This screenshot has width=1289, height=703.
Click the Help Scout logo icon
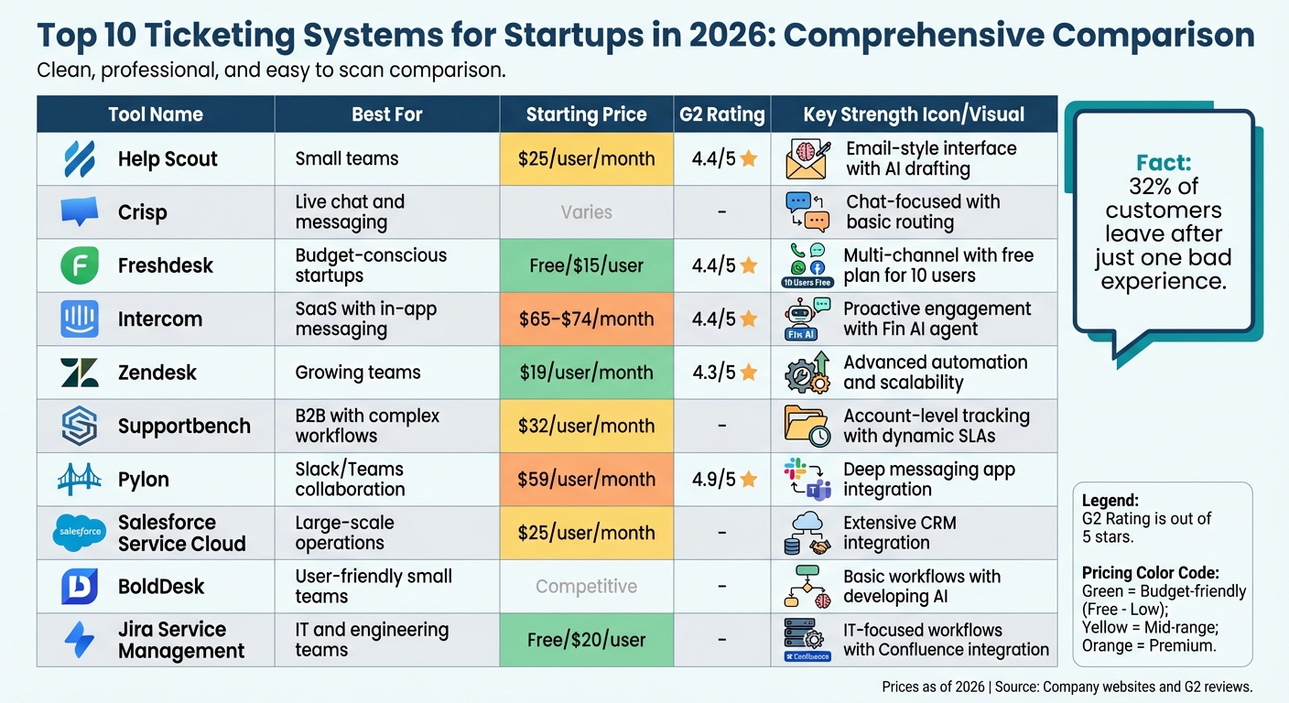(x=79, y=159)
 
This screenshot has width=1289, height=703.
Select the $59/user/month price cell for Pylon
(x=586, y=480)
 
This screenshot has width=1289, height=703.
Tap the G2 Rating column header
(x=721, y=114)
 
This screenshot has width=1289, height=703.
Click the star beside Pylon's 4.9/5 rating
(x=749, y=480)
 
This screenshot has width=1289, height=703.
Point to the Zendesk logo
(x=79, y=373)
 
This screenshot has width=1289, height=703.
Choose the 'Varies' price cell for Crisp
(x=586, y=212)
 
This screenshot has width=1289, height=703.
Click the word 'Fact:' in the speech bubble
(x=1164, y=163)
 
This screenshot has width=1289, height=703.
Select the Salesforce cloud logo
(x=79, y=533)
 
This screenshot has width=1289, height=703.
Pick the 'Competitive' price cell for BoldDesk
(x=586, y=587)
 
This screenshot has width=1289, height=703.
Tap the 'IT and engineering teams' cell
(x=372, y=640)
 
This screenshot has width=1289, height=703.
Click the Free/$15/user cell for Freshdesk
(x=586, y=266)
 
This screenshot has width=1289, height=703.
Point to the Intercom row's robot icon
(x=801, y=319)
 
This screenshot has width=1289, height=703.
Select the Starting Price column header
(x=586, y=114)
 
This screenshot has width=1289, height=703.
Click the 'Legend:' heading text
(x=1110, y=501)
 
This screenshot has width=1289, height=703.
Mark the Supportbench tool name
(x=184, y=427)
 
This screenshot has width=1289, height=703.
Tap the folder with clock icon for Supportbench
(x=807, y=427)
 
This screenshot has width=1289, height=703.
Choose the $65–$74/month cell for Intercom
(x=586, y=319)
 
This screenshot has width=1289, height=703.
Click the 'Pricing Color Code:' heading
(x=1150, y=573)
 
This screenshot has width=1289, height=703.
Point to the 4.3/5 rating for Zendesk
(x=714, y=373)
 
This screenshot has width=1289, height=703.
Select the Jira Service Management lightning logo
(x=79, y=640)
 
